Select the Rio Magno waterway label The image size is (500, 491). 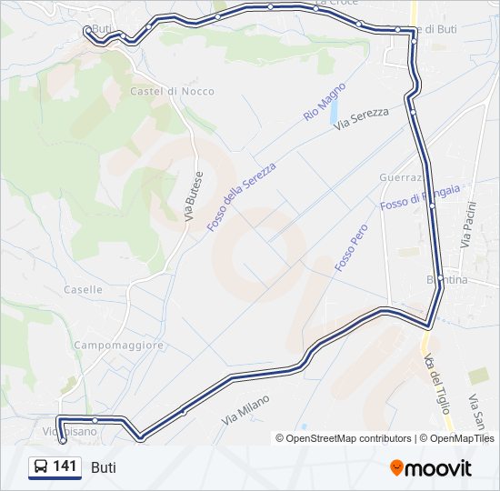325,102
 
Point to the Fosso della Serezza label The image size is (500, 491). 243,190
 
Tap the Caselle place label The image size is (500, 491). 83,289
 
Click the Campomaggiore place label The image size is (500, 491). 118,346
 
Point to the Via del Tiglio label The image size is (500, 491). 438,382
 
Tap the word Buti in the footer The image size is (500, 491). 104,467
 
